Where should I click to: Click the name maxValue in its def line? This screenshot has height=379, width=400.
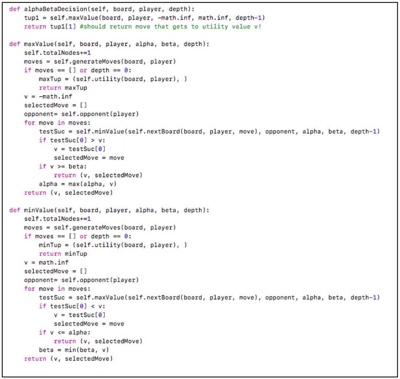pos(37,44)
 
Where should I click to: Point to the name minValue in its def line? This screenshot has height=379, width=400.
pos(37,210)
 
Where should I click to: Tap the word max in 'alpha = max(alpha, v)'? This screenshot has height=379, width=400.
pos(67,184)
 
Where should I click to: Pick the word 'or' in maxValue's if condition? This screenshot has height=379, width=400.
pos(83,70)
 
